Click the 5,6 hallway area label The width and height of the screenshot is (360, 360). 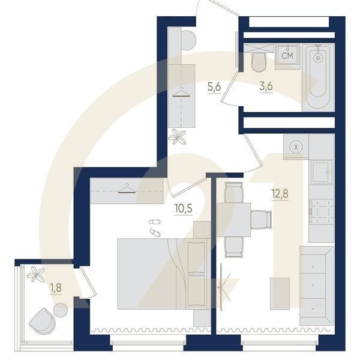coord(214,87)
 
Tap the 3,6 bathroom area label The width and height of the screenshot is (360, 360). coord(266,86)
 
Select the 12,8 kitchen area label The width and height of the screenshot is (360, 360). coord(280,194)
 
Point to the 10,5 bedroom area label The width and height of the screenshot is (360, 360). coord(183,208)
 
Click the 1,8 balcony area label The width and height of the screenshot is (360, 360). coord(56,288)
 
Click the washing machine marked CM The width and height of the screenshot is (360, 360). coord(287,56)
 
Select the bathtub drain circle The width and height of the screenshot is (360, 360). coord(318,58)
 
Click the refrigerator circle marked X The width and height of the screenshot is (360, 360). coord(296,147)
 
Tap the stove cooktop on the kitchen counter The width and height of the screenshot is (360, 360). coord(322,211)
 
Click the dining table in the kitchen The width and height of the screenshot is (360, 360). coord(233,220)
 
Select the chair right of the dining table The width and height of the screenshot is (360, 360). coord(261,220)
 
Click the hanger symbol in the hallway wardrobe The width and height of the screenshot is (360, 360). coord(181,92)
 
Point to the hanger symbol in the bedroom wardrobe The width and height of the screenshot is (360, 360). coord(127,188)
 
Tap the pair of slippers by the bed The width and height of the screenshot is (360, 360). coord(155,228)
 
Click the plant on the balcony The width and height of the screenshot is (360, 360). coord(35,274)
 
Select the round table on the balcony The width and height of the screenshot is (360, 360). coord(61,310)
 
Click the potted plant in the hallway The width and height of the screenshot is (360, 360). coord(177,137)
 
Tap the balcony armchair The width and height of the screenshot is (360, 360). coord(42,321)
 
